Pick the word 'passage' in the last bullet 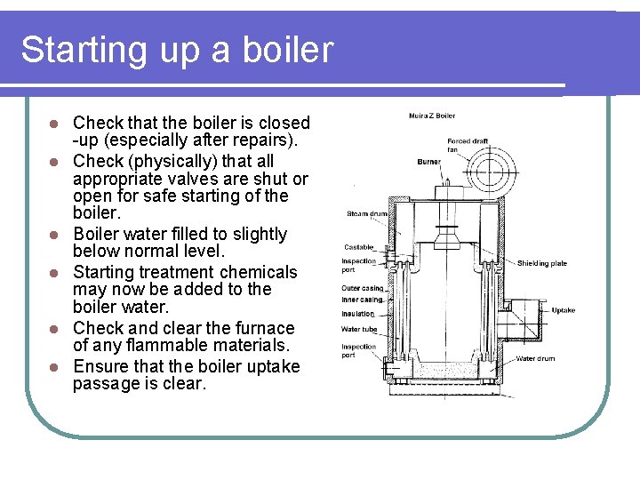tap(109, 384)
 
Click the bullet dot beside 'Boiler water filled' tap(55, 235)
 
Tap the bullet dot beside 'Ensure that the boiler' tap(55, 367)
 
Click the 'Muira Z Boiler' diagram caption tap(432, 116)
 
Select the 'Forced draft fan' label tap(466, 146)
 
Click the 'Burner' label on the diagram tap(428, 162)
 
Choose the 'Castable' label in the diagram tap(359, 247)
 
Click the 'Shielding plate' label tap(542, 263)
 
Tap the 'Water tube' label tap(359, 329)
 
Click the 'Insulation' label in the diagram tap(359, 313)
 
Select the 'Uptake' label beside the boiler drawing tap(563, 310)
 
